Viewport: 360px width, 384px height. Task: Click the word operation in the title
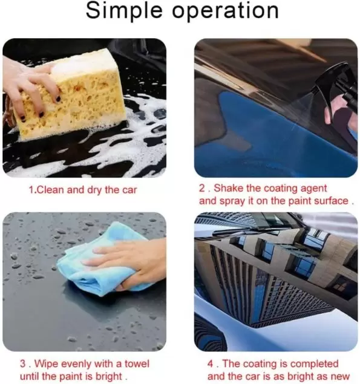(226, 10)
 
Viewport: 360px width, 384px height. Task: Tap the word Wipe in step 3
(47, 363)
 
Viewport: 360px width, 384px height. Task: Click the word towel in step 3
(137, 363)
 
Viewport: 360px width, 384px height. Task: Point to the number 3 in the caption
(23, 363)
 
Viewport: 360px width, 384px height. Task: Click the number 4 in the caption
(211, 363)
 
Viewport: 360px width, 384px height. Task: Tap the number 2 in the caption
(202, 188)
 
